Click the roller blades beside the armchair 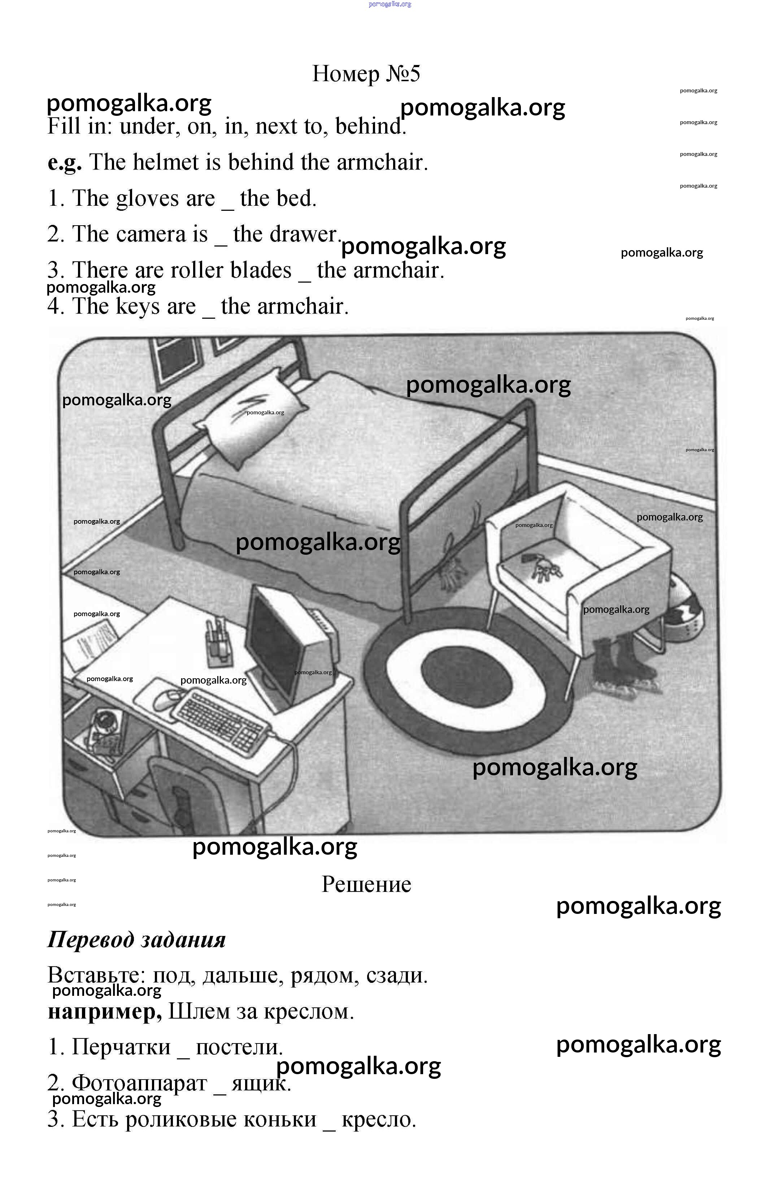pos(623,663)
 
